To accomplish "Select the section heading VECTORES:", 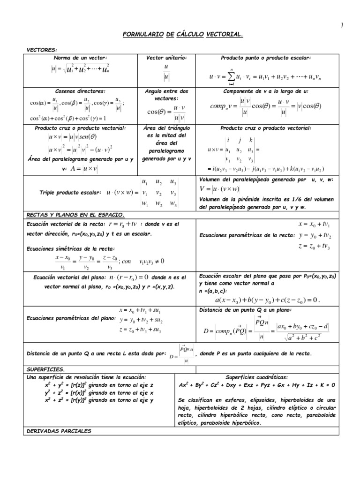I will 42,49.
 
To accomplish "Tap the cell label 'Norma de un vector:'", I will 80,58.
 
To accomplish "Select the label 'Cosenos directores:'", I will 80,91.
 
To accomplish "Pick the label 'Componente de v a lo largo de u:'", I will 265,91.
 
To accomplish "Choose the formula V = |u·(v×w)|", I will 219,189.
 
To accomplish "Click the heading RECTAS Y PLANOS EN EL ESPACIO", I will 75,215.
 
